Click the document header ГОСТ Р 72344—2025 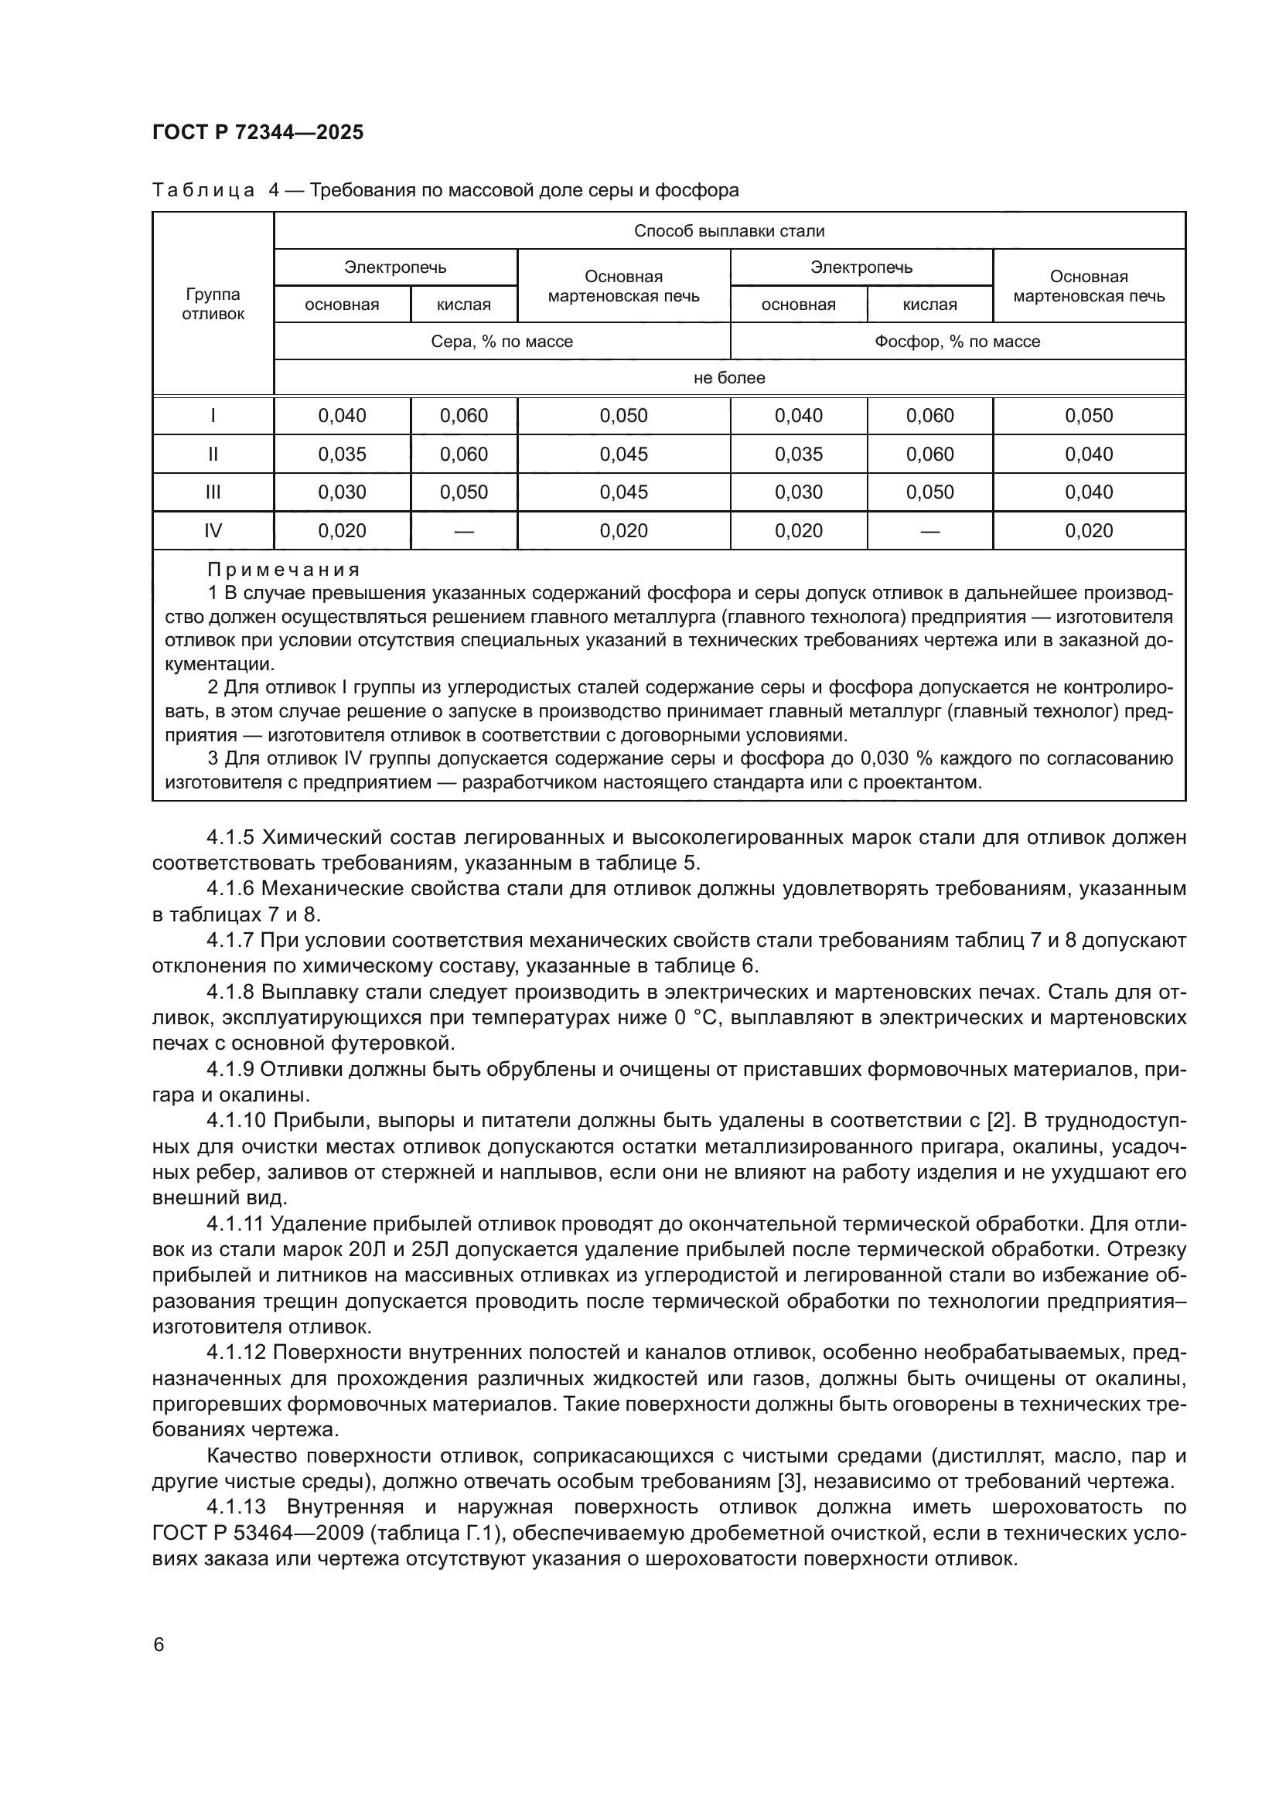258,132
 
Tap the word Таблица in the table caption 203,191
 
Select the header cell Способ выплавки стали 729,230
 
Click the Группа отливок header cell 213,304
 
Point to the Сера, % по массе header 502,342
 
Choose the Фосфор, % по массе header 957,342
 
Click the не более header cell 729,378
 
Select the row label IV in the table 213,531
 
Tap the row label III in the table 213,492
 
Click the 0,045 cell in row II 624,455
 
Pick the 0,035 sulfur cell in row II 342,455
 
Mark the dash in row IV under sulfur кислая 464,532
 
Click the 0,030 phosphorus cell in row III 799,492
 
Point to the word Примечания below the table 284,570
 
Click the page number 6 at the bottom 159,1645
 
